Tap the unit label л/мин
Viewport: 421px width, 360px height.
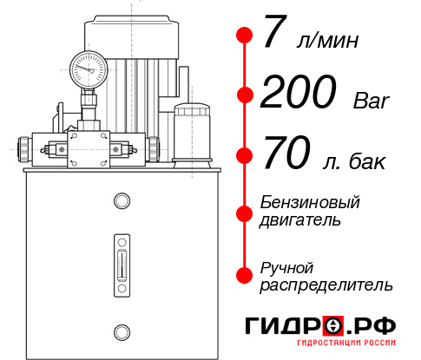[326, 41]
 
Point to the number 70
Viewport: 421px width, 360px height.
[286, 156]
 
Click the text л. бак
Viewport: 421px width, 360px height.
[356, 162]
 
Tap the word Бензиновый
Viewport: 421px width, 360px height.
[310, 203]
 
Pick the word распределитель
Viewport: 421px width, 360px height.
[327, 285]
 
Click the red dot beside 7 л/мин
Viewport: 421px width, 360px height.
[245, 36]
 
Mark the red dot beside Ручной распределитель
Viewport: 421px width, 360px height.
[245, 274]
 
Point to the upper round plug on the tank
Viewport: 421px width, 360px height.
[120, 202]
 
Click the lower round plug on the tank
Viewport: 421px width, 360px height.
[120, 331]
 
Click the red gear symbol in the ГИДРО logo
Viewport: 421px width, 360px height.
[332, 327]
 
